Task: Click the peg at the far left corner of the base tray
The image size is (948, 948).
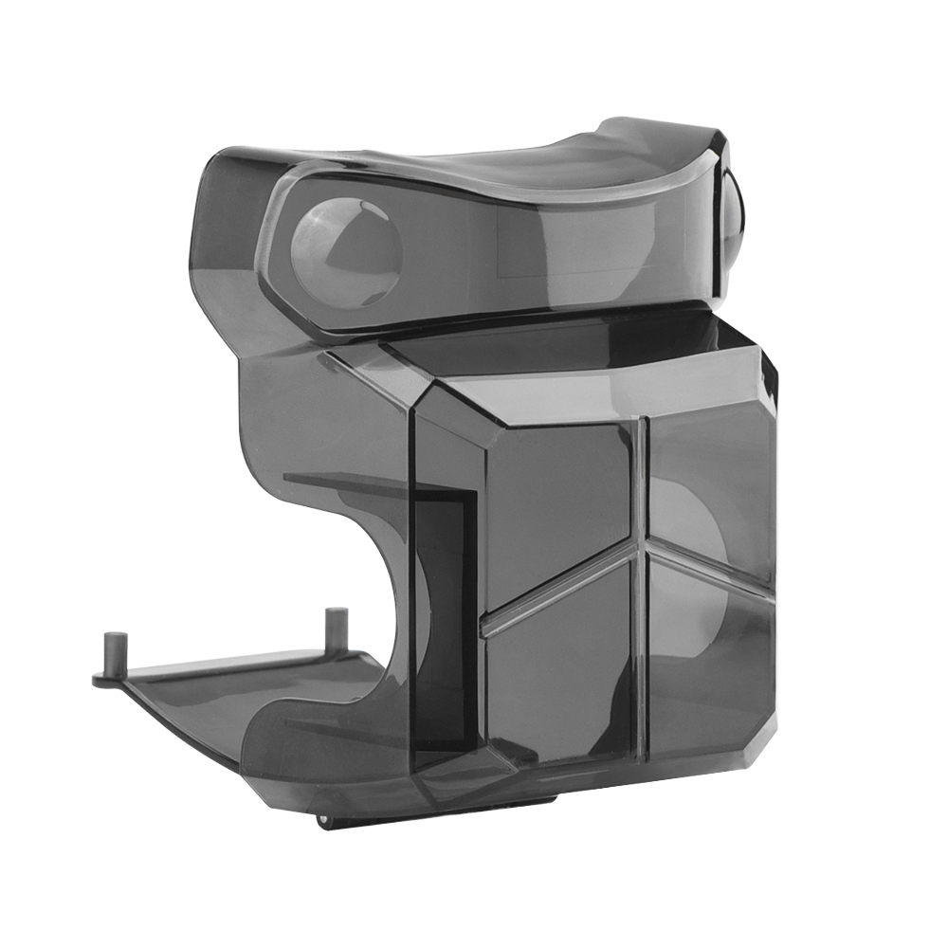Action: tap(109, 653)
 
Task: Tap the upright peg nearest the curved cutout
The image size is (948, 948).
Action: tap(334, 630)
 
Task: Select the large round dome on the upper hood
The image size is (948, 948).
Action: tap(345, 251)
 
